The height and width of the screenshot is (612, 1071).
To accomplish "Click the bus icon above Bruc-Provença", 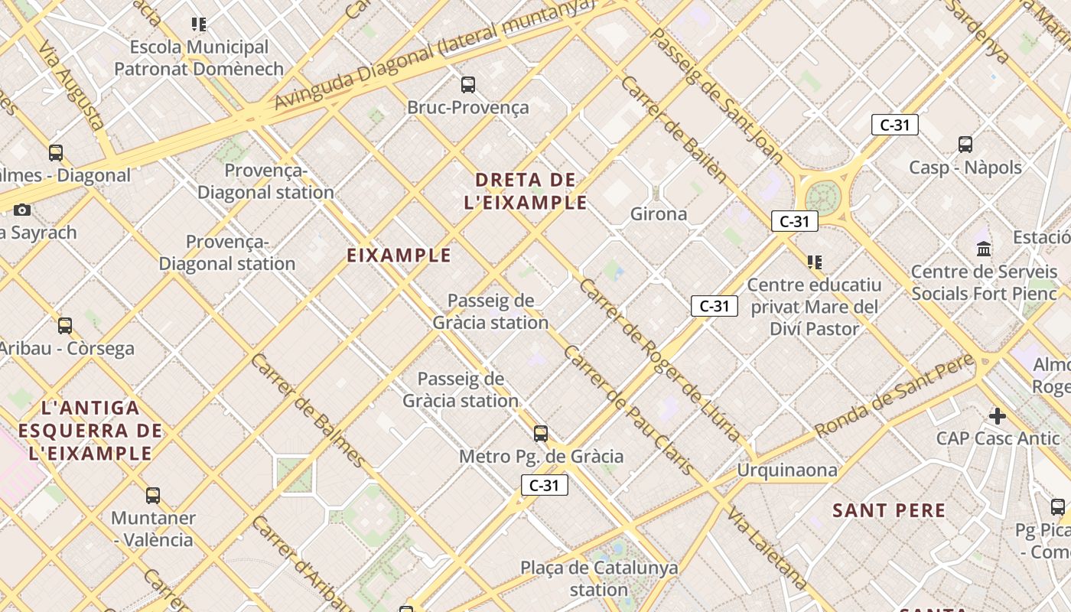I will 467,85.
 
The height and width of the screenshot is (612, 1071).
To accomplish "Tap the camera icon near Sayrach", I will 22,210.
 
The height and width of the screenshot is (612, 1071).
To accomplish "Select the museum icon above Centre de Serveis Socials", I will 984,249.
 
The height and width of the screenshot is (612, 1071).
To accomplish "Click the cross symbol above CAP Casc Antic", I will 997,416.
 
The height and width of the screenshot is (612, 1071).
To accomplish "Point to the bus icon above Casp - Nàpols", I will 965,145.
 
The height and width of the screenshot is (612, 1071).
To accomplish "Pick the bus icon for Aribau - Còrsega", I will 65,326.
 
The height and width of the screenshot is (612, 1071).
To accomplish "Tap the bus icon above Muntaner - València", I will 153,496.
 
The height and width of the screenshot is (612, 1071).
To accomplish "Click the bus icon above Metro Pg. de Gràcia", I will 541,434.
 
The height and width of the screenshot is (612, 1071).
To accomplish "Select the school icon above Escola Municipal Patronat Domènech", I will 199,24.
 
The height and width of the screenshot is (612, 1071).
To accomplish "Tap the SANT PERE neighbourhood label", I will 889,510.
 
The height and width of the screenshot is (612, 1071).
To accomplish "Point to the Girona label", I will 659,214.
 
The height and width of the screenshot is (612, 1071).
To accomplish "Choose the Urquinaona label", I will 787,470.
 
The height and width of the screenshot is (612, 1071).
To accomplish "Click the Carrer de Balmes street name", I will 308,410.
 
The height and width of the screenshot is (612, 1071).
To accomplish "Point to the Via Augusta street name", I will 71,85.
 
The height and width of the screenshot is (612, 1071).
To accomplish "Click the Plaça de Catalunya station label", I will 599,578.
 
